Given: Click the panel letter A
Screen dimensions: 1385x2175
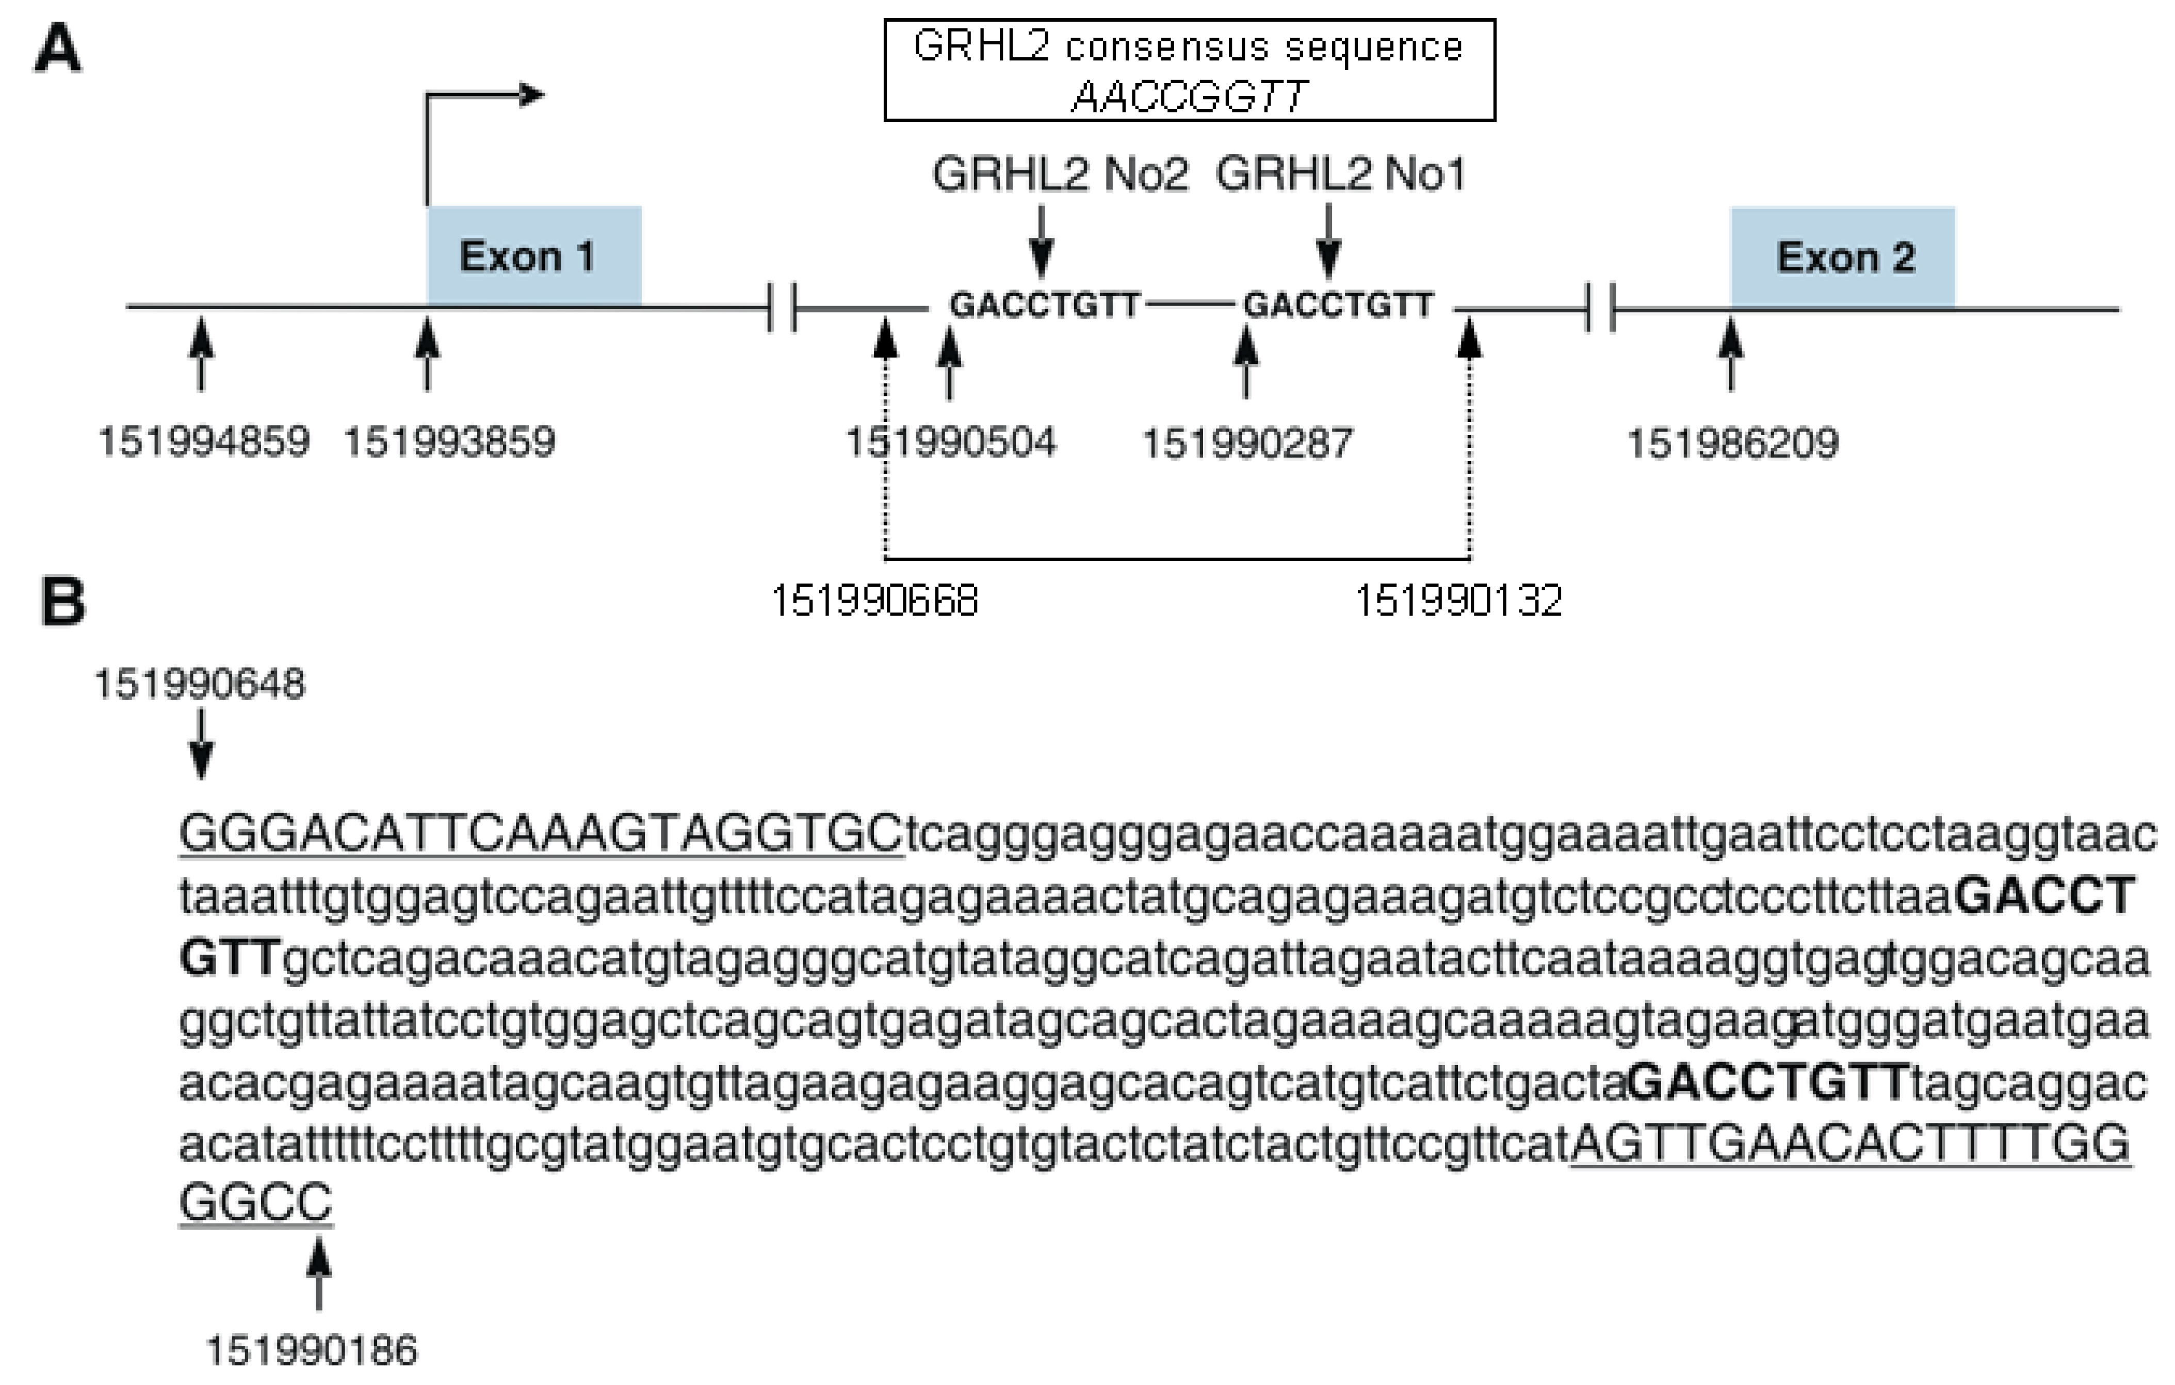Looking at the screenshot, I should coord(58,49).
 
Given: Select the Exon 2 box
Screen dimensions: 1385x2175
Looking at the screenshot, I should coord(1843,257).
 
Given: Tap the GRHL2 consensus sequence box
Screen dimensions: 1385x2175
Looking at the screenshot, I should coord(1189,70).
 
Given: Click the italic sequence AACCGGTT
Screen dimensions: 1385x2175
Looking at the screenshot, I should coord(1189,96).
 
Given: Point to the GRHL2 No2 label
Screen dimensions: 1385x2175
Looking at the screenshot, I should coord(1060,174).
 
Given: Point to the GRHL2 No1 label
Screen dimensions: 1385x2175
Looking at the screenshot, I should coord(1340,174).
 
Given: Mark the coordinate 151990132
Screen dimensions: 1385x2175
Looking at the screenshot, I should coord(1458,601).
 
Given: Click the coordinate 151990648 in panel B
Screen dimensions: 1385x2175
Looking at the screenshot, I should coord(200,684).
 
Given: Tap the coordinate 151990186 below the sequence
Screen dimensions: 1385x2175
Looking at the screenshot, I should coord(312,1350).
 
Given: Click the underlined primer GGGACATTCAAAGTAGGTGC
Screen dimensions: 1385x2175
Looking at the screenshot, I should coord(540,833).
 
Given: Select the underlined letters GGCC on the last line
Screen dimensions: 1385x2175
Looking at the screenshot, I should coord(255,1202).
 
